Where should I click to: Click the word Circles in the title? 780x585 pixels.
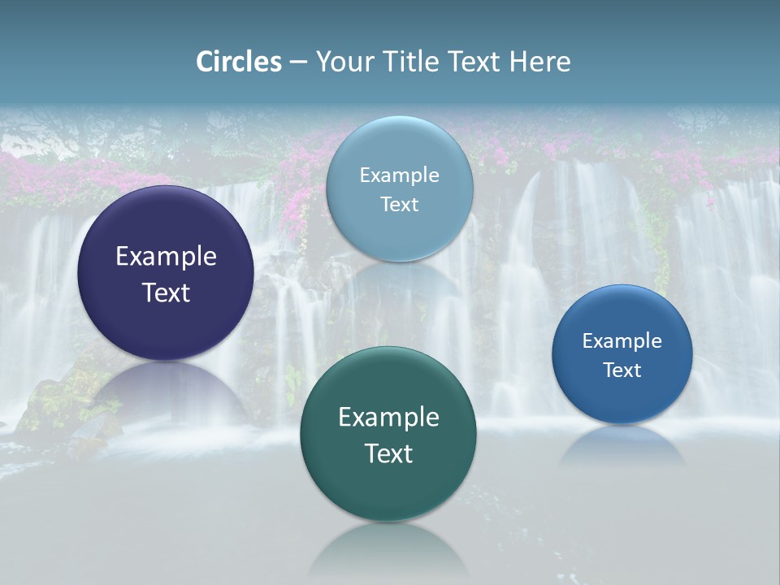point(238,62)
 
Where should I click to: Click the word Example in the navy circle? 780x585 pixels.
point(166,257)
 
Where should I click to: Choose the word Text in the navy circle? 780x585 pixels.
point(166,292)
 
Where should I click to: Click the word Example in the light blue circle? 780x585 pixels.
point(399,175)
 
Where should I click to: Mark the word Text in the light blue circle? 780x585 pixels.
point(399,205)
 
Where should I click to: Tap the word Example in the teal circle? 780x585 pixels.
point(388,418)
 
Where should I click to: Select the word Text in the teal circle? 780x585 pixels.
point(388,453)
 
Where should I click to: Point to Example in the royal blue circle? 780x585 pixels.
point(622,341)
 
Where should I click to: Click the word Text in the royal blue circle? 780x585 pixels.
point(622,370)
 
